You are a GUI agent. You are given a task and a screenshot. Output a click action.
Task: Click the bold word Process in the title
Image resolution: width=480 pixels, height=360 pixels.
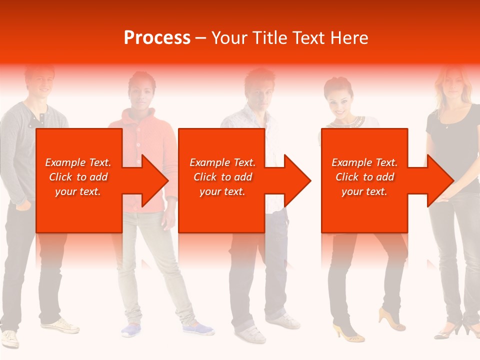pos(157,38)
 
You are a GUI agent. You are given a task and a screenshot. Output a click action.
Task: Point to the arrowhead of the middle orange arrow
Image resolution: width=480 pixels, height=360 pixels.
pos(296,180)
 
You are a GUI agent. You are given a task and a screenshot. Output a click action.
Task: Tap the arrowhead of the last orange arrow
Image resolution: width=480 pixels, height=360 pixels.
pos(439,180)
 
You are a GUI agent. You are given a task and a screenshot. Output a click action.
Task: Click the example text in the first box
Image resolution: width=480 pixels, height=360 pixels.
pos(78,177)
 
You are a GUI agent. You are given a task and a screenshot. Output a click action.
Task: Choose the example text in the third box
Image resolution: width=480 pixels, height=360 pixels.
pos(364,177)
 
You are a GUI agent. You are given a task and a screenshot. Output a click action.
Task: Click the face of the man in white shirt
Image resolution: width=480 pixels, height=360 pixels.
pos(259,93)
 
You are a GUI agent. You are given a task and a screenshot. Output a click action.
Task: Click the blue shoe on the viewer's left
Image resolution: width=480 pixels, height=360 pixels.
pos(131,330)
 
